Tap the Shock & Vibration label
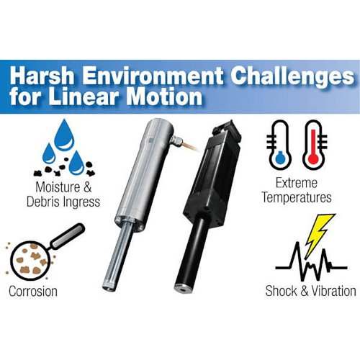point(310,291)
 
